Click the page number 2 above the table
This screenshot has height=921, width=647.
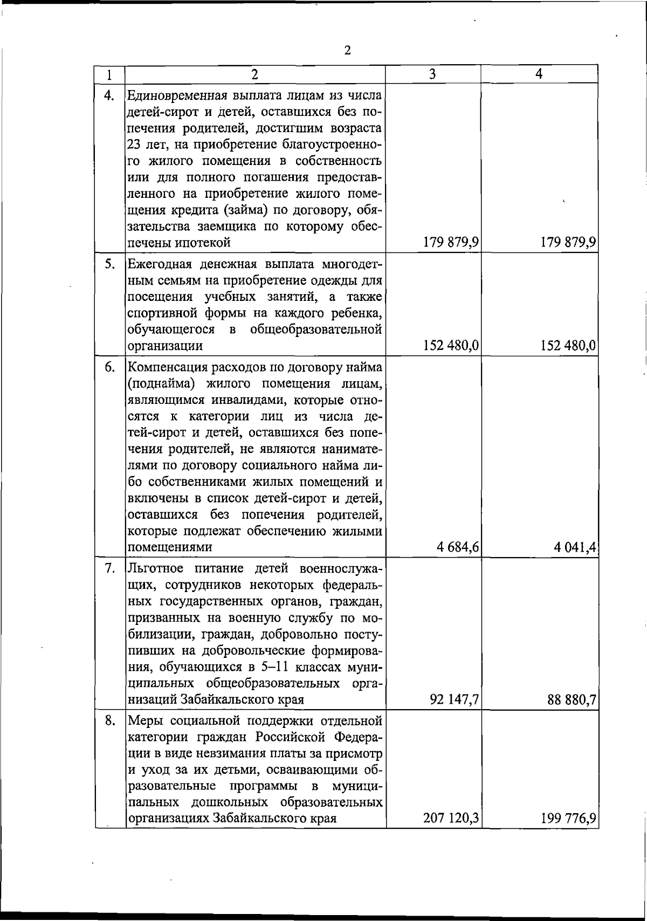347,50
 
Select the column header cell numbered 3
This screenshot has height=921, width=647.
432,74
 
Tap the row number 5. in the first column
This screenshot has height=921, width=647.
110,264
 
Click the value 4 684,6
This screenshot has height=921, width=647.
458,547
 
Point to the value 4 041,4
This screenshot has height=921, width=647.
574,547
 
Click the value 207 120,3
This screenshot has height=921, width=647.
452,819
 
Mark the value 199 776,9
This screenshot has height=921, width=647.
569,819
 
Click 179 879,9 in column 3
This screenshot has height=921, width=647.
452,243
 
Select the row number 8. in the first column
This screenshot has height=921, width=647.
110,720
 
